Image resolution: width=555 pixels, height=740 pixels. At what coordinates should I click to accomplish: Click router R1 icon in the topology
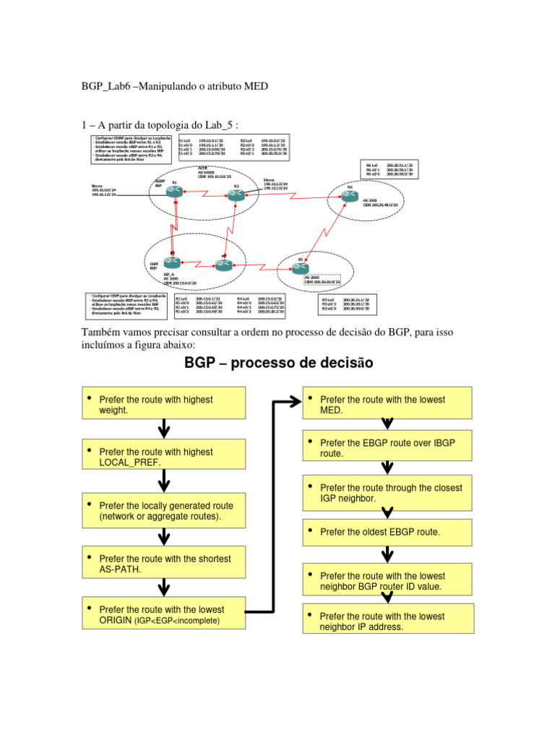pyautogui.click(x=174, y=192)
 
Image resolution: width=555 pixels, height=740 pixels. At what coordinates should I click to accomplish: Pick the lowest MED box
pyautogui.click(x=387, y=405)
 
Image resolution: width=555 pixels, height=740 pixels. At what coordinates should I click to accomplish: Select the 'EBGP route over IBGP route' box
pyautogui.click(x=387, y=448)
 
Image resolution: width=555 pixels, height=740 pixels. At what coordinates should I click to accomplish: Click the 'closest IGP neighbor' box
pyautogui.click(x=387, y=493)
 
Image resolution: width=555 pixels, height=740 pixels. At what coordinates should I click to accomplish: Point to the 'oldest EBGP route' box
pyautogui.click(x=387, y=532)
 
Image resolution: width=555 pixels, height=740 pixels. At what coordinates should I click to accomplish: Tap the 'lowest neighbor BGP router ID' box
pyautogui.click(x=387, y=581)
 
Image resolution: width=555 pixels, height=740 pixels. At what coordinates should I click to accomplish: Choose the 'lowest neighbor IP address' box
pyautogui.click(x=387, y=621)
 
